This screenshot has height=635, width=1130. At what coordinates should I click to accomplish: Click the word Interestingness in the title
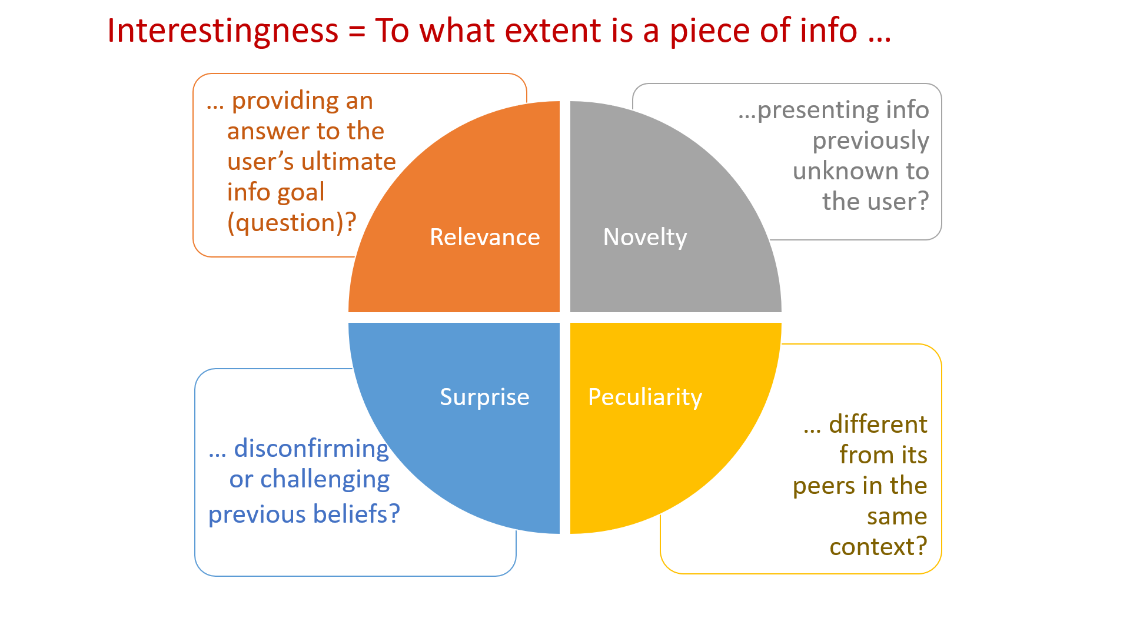click(x=222, y=31)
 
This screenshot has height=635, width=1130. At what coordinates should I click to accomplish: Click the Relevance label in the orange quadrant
click(x=484, y=237)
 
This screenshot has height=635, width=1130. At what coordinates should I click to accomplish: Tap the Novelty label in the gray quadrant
click(x=645, y=237)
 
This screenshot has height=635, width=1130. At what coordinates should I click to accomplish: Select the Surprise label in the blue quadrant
click(x=484, y=397)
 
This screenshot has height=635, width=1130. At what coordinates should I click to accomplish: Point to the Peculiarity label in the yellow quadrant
click(x=645, y=397)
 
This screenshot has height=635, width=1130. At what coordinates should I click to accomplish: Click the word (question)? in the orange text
click(x=292, y=223)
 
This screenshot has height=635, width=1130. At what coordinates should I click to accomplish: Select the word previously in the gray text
click(x=870, y=141)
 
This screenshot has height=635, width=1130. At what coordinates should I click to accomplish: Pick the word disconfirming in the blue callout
click(x=311, y=449)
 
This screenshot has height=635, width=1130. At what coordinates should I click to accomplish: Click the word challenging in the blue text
click(x=325, y=480)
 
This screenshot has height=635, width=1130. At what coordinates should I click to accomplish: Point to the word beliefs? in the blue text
click(x=357, y=514)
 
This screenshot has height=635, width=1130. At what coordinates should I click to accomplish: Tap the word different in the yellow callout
click(x=878, y=425)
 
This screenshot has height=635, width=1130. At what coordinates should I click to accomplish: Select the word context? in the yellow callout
click(x=878, y=547)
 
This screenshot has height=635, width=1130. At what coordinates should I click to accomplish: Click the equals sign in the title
click(x=357, y=32)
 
